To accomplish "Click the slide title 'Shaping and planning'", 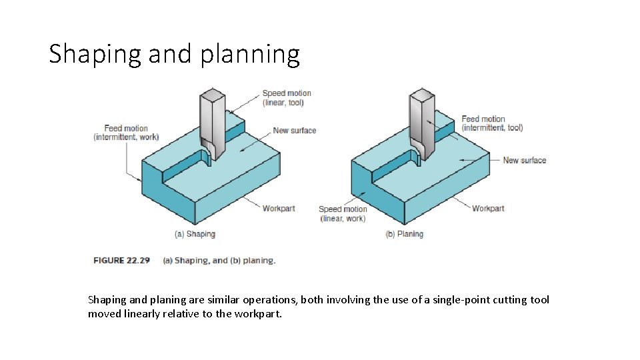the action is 174,54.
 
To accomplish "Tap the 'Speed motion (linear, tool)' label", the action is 286,98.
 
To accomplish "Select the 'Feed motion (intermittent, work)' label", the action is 126,133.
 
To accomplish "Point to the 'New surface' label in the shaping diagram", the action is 294,131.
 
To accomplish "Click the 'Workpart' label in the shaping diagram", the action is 278,209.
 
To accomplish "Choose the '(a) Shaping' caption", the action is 195,234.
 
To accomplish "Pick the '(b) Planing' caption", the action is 404,234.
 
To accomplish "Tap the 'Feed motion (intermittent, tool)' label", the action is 492,123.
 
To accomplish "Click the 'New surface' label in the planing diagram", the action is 524,160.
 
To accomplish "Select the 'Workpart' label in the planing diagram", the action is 488,209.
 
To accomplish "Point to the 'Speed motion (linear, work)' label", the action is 343,213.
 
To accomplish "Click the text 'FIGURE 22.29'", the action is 123,261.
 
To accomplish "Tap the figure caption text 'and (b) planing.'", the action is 243,261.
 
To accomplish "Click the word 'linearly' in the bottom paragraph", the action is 141,313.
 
